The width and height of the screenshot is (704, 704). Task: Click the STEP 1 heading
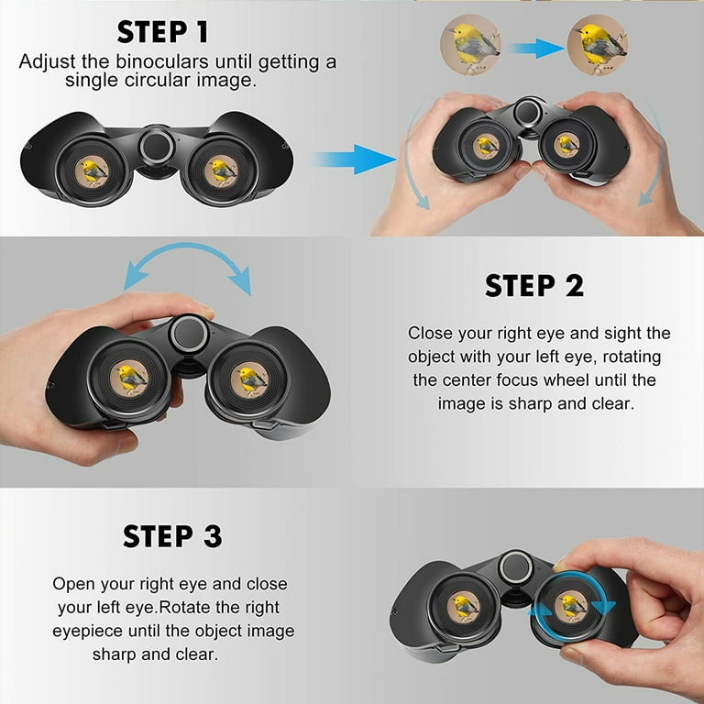(x=163, y=31)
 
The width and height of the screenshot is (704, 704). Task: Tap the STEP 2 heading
(x=534, y=286)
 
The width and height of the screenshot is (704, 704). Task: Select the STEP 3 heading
(x=172, y=535)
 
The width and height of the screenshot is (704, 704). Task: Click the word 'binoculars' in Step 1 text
(x=162, y=61)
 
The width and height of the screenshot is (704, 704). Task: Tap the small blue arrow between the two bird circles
(x=536, y=48)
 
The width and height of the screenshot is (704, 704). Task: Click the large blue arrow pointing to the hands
(x=355, y=159)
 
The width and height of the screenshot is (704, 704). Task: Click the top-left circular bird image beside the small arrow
(x=470, y=45)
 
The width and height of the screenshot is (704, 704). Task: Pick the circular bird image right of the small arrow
(x=597, y=45)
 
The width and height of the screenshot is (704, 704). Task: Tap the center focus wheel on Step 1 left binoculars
(x=157, y=147)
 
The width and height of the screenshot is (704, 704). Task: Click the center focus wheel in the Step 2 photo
(x=189, y=334)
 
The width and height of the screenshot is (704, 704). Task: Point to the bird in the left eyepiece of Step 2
(x=130, y=378)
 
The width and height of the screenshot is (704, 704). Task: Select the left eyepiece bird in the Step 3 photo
(x=464, y=607)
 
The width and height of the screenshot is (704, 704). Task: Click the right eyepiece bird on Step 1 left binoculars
(x=221, y=170)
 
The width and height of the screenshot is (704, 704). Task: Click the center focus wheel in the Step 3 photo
(x=516, y=566)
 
